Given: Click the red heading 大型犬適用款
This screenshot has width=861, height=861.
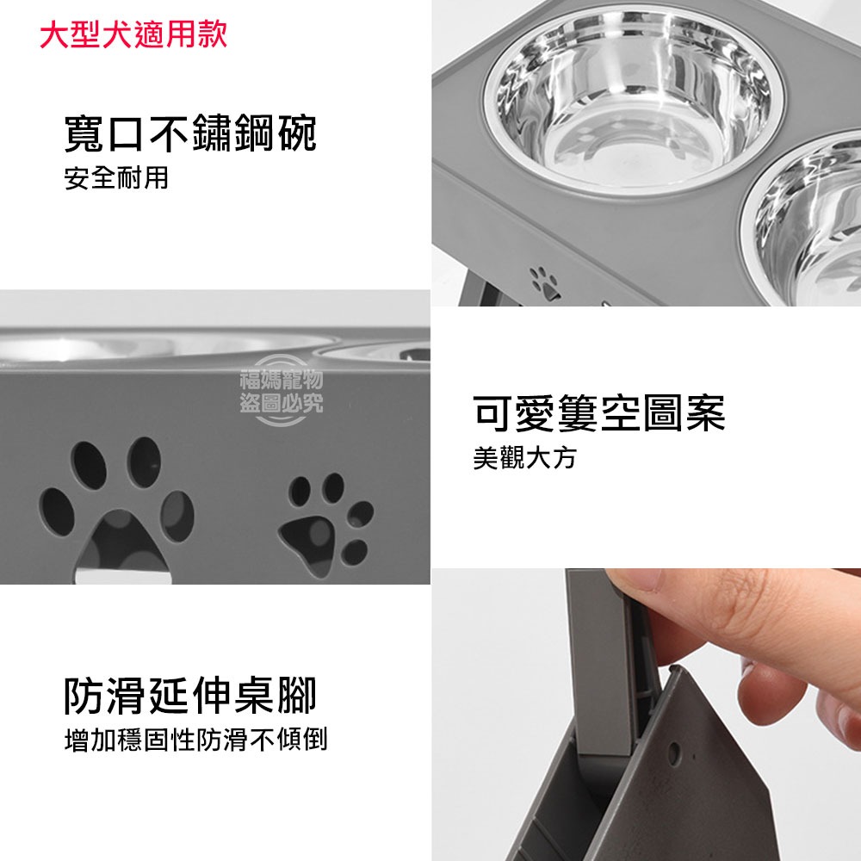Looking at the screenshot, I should [x=133, y=35].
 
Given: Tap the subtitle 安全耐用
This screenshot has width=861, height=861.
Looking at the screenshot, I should [x=116, y=179].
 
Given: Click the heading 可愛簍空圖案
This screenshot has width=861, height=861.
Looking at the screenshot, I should [x=599, y=413].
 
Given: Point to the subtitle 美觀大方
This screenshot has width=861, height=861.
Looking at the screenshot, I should [x=524, y=458].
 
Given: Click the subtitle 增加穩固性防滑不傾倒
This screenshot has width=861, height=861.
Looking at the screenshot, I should [x=195, y=740].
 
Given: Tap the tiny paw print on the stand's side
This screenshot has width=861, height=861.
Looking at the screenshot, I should [x=544, y=282].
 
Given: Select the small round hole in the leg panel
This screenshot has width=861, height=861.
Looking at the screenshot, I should [x=674, y=760].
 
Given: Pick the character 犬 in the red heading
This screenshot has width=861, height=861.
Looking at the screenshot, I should [x=115, y=35].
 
